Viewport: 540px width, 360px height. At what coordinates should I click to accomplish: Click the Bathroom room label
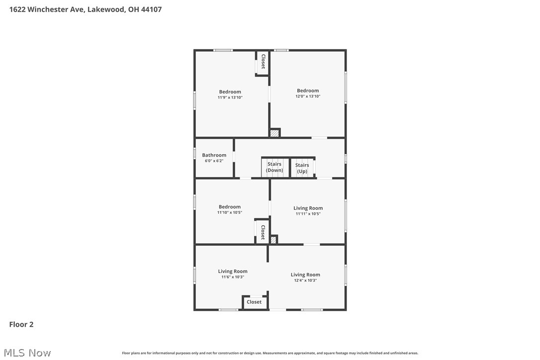click(x=214, y=155)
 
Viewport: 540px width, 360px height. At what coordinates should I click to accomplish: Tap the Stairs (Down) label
click(x=274, y=167)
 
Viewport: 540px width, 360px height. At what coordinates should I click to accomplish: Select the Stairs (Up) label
click(x=302, y=168)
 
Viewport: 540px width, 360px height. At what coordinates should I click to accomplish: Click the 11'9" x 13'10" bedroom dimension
click(x=230, y=97)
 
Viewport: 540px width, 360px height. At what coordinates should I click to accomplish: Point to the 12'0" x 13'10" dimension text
click(x=308, y=96)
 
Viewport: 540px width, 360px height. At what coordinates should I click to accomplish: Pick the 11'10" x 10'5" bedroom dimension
click(x=229, y=212)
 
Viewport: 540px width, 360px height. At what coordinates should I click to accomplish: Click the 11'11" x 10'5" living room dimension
click(x=308, y=214)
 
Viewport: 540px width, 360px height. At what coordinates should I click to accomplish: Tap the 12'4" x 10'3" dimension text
click(x=305, y=280)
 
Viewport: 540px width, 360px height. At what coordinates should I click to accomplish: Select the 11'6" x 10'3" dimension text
click(x=232, y=277)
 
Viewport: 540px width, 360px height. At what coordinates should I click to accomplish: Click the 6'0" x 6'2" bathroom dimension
click(x=214, y=161)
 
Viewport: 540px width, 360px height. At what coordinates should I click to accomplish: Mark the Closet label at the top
click(x=263, y=62)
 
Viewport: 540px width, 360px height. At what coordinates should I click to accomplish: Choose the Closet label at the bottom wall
click(x=254, y=302)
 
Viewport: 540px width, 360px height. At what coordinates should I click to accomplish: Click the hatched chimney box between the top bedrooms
click(x=274, y=133)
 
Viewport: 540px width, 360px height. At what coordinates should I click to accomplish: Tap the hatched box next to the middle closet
click(x=273, y=240)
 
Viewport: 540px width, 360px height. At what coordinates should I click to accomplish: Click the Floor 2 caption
click(x=21, y=324)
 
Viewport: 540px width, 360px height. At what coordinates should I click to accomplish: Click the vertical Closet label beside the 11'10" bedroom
click(x=263, y=232)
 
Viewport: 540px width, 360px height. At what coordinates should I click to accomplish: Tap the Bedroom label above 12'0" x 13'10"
click(x=308, y=90)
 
